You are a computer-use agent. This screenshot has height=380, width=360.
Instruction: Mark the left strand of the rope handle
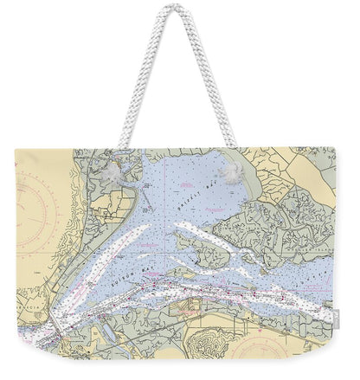(137, 78)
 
